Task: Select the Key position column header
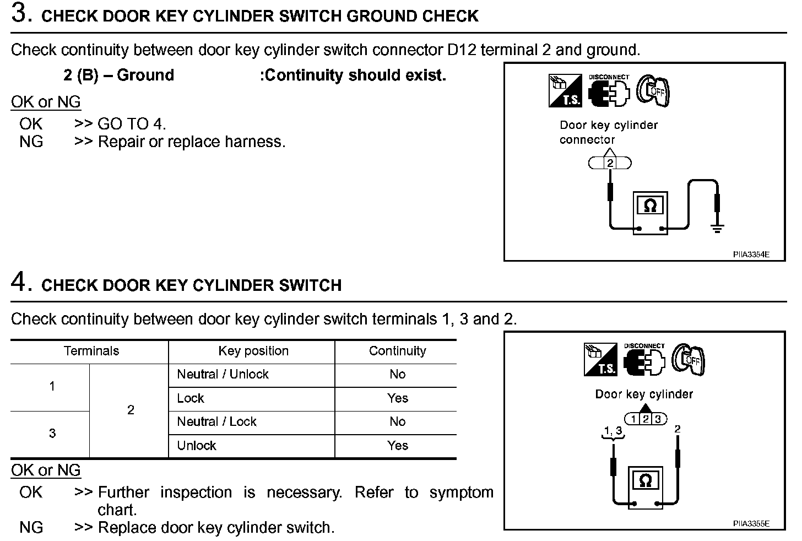point(253,351)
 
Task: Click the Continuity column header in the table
point(397,351)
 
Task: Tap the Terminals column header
point(91,351)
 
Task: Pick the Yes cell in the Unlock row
point(397,446)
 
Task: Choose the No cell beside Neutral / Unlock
point(397,375)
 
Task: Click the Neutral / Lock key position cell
point(216,422)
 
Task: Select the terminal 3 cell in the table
point(52,434)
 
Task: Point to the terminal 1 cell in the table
point(52,386)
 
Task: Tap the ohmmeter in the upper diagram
point(650,213)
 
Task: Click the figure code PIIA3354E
point(751,255)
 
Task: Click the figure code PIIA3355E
point(751,523)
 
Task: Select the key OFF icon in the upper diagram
point(653,90)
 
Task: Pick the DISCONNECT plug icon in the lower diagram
point(644,360)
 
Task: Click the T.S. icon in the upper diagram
point(564,91)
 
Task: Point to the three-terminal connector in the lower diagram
point(645,419)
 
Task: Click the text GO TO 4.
point(131,124)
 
